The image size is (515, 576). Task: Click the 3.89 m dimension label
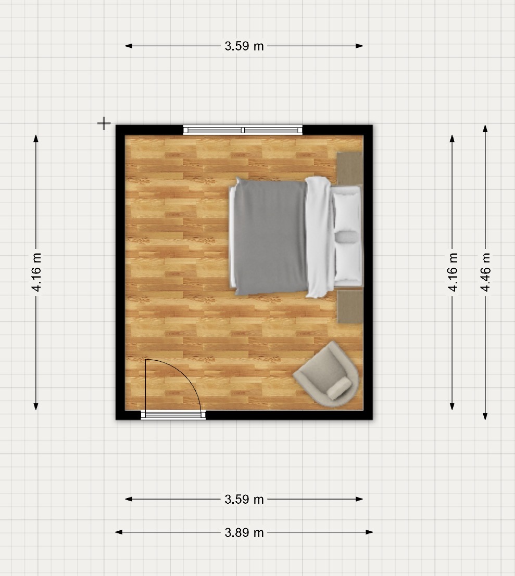[244, 532]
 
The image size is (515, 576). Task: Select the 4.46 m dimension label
[485, 272]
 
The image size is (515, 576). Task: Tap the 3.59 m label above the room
[244, 46]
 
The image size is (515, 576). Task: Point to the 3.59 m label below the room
[244, 499]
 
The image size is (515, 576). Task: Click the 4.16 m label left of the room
[36, 272]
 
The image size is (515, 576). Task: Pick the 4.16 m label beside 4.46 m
[453, 272]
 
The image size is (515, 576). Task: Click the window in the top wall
[243, 130]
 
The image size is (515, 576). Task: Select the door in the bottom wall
[173, 415]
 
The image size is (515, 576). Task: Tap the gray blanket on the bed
[270, 237]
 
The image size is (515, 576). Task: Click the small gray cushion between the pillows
[346, 237]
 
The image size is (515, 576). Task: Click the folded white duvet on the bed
[319, 237]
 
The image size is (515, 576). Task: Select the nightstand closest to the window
[350, 168]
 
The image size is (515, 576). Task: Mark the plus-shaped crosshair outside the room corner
[104, 123]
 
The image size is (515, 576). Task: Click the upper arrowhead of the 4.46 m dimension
[485, 128]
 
